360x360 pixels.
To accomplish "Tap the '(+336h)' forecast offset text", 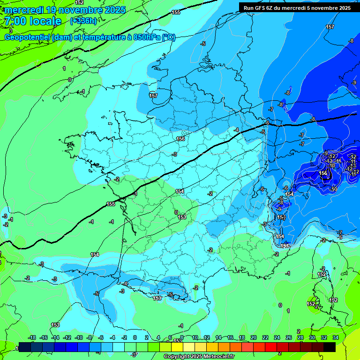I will point(83,21).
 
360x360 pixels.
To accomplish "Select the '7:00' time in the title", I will point(15,21).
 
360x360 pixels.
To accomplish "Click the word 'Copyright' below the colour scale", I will point(177,357).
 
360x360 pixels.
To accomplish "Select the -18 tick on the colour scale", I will point(32,337).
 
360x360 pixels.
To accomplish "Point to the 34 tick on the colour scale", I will point(336,337).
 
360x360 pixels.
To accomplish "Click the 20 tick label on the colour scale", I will point(254,337).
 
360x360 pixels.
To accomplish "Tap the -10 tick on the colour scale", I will point(79,337).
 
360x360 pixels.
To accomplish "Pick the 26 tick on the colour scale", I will point(289,337).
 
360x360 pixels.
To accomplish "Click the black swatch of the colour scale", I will point(330,347).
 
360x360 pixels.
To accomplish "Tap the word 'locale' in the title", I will point(45,21).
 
